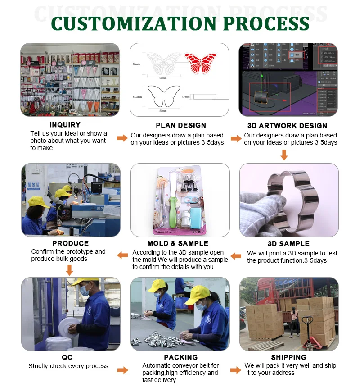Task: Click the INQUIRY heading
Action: pos(65,125)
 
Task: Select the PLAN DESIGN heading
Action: pos(181,125)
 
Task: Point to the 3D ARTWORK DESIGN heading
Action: pos(287,126)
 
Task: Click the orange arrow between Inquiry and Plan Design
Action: pos(122,138)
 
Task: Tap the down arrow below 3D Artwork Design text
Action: pos(284,155)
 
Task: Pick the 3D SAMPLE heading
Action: pos(288,244)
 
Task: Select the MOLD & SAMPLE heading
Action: pos(178,244)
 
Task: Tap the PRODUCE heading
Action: pos(71,243)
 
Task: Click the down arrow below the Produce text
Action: pos(69,270)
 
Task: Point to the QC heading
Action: pos(67,357)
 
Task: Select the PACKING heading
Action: pos(181,357)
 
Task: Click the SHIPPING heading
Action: pos(289,357)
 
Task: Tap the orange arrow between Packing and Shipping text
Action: pos(236,370)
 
